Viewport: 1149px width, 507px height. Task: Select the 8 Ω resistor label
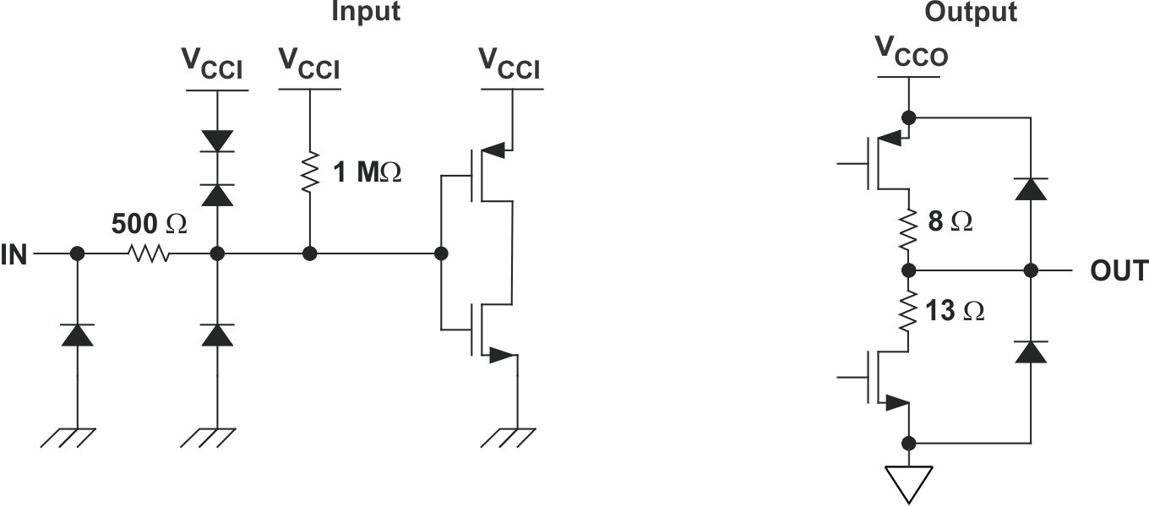click(950, 222)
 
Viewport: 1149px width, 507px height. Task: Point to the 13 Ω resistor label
click(955, 311)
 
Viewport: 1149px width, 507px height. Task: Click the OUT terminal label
click(1119, 270)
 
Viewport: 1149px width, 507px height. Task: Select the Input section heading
click(365, 12)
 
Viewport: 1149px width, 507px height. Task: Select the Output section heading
click(971, 12)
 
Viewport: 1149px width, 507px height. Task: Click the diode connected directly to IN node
click(77, 335)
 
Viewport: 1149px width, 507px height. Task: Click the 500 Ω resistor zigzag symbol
click(148, 253)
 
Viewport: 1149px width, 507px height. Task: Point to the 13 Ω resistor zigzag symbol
click(909, 311)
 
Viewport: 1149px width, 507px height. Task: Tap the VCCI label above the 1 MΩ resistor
click(309, 64)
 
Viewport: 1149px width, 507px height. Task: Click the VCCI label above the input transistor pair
click(509, 64)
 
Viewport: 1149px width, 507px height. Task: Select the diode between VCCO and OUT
click(1031, 188)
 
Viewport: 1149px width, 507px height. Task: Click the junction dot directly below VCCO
click(909, 117)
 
